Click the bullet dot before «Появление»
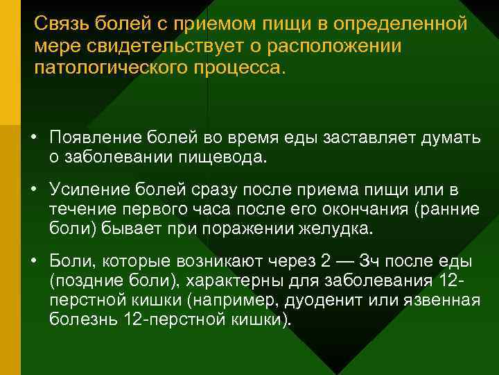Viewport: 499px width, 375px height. tap(33, 137)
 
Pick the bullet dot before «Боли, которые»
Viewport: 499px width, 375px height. tap(33, 261)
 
